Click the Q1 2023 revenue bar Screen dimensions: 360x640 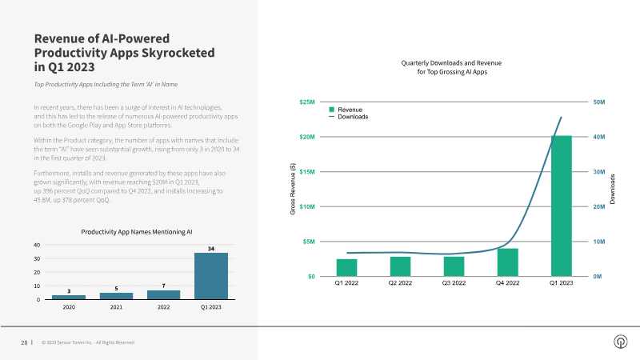tap(561, 206)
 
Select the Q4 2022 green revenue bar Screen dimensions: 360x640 tap(507, 262)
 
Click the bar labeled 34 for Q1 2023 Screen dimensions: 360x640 tap(210, 276)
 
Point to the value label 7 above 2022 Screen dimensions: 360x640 tap(163, 286)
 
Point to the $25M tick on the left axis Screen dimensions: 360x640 tap(306, 102)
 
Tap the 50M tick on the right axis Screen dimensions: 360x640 tap(599, 102)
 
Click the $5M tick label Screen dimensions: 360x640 tap(308, 241)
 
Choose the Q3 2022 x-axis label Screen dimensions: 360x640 tap(454, 283)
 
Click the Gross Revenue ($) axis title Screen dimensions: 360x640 tap(292, 189)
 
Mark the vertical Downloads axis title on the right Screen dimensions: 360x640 tap(613, 189)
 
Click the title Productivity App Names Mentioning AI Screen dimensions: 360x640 tap(137, 231)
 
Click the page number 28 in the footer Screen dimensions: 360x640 tap(24, 342)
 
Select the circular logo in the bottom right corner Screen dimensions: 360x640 tap(619, 342)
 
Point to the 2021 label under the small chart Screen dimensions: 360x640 tap(116, 306)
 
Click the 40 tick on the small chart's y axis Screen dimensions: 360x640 tap(37, 245)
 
